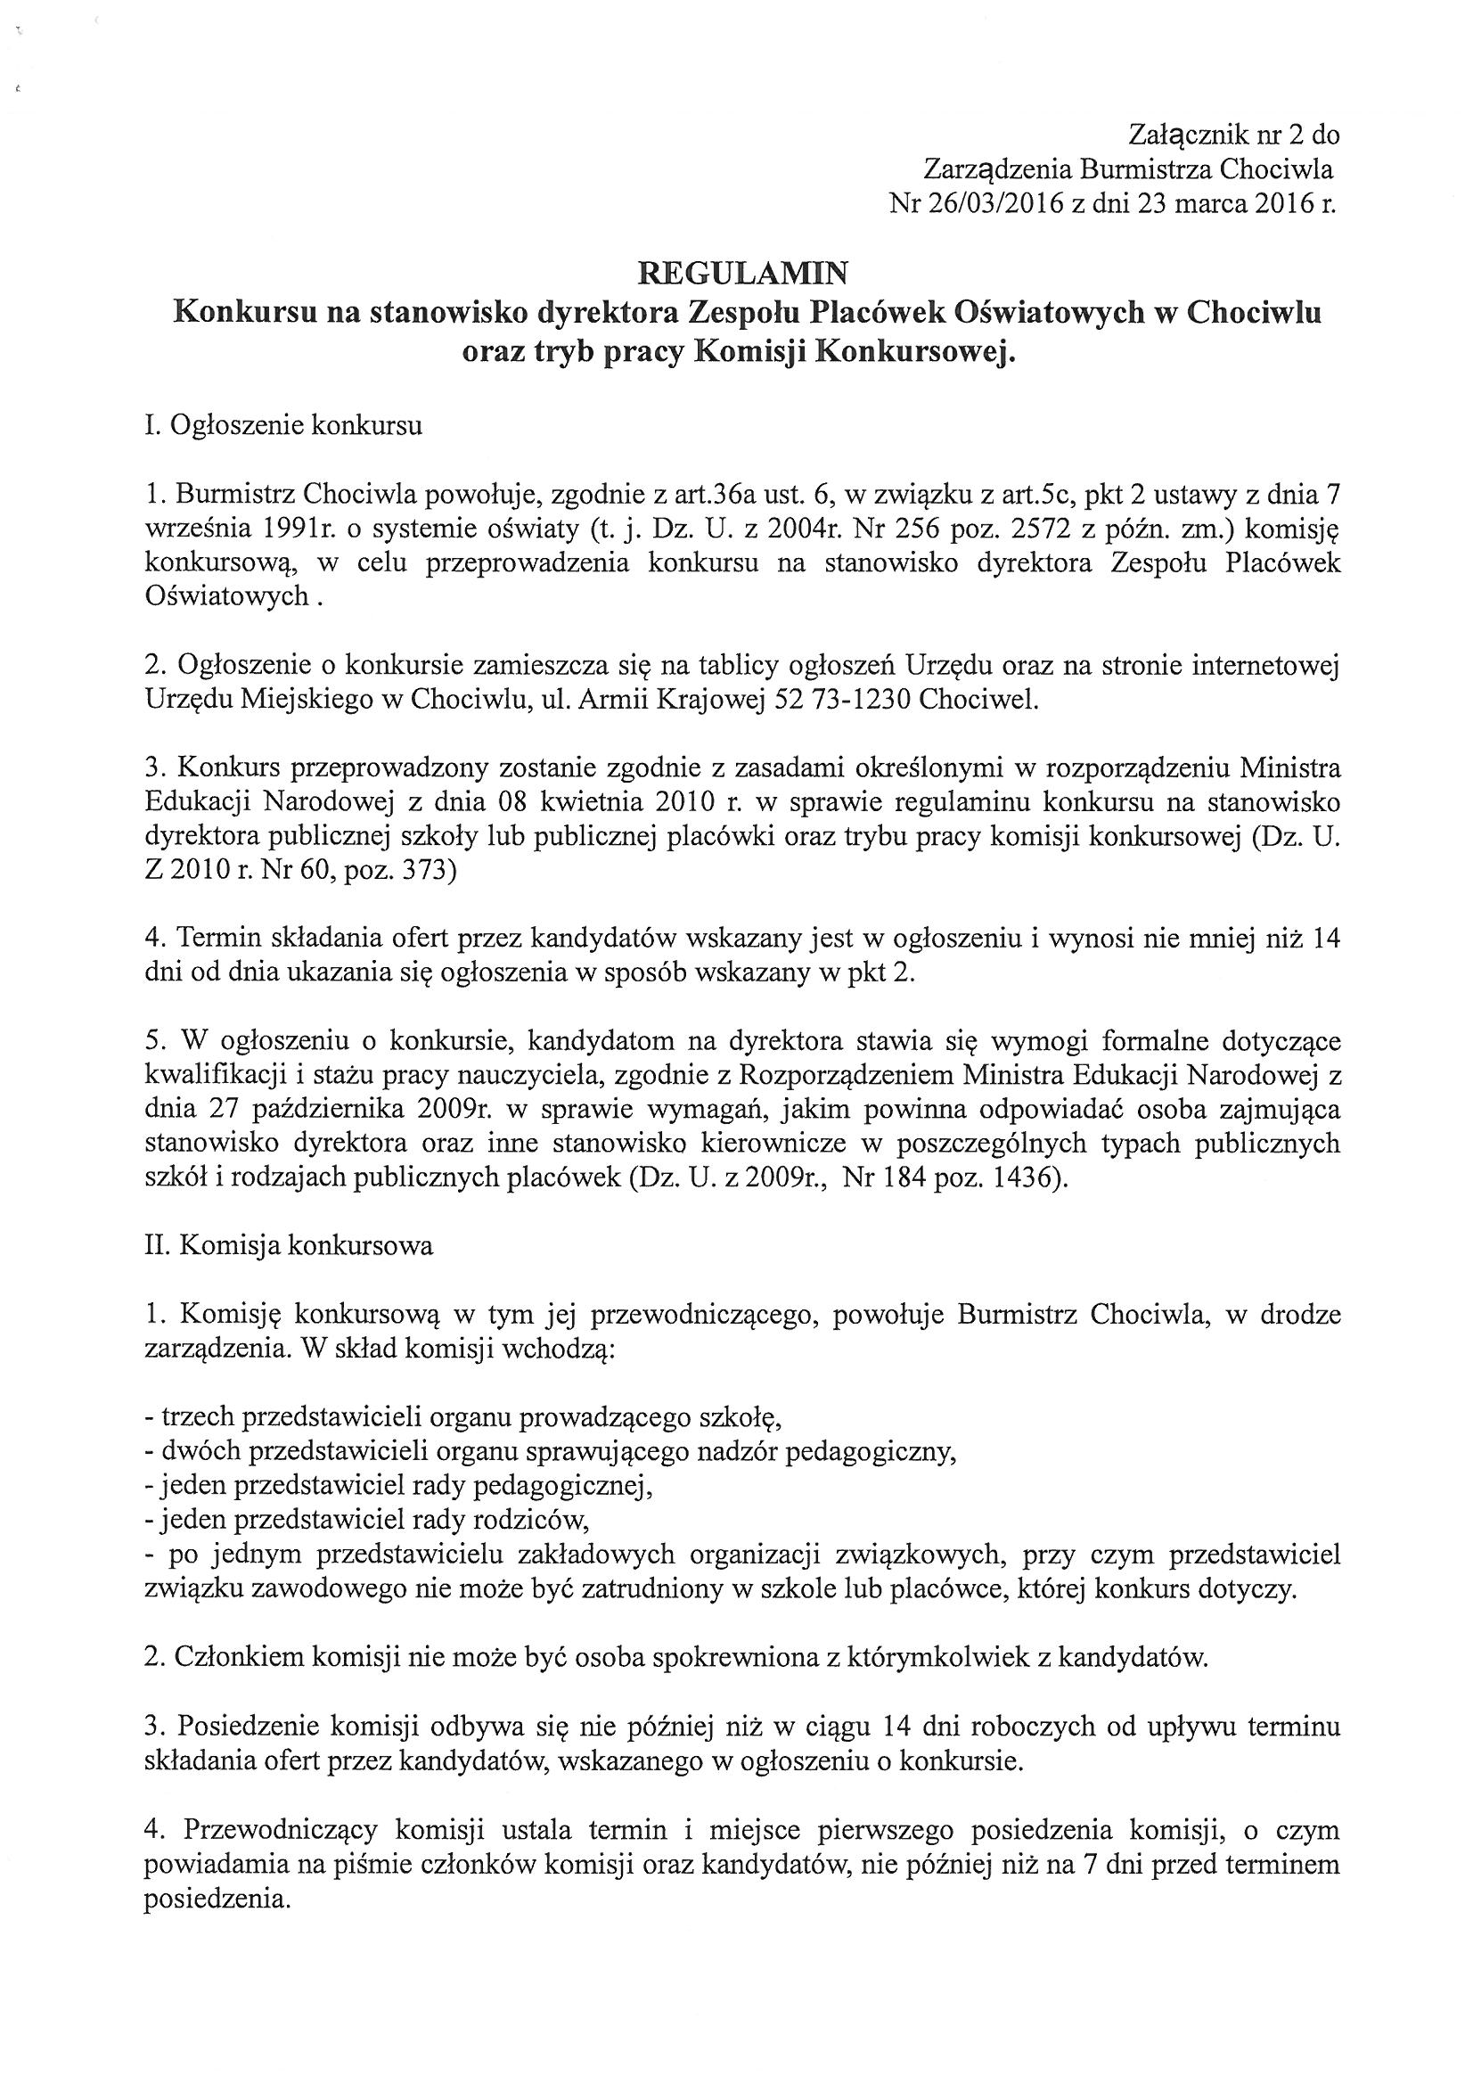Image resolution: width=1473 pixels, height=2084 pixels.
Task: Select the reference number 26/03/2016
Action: [995, 204]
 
